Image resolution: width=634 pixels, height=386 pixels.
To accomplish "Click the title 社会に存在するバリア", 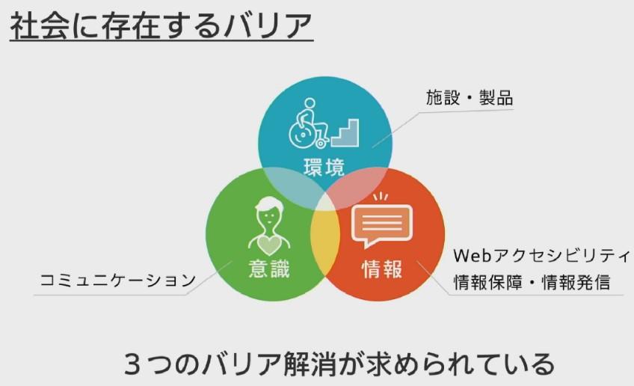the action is point(161,26).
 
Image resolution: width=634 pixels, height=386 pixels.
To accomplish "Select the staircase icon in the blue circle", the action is point(345,132).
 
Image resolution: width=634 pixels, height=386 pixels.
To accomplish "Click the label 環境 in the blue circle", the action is point(324,167).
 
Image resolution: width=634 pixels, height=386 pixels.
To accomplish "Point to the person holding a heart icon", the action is point(269,225).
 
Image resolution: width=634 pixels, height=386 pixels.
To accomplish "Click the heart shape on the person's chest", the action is point(269,244).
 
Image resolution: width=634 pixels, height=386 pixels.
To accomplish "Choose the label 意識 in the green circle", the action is point(269,269).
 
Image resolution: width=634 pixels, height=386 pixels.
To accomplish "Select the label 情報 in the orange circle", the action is point(382,269).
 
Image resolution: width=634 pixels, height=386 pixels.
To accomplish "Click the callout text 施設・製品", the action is point(470,98).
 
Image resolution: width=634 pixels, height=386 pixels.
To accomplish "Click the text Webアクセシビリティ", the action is point(541,256).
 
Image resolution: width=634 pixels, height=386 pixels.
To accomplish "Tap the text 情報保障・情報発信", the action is point(532,283).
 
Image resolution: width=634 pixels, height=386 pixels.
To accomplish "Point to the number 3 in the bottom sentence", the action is point(132,364).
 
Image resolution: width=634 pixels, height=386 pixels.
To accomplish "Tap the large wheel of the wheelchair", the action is point(301,135).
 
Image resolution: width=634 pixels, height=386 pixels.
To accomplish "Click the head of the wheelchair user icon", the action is point(310,103).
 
